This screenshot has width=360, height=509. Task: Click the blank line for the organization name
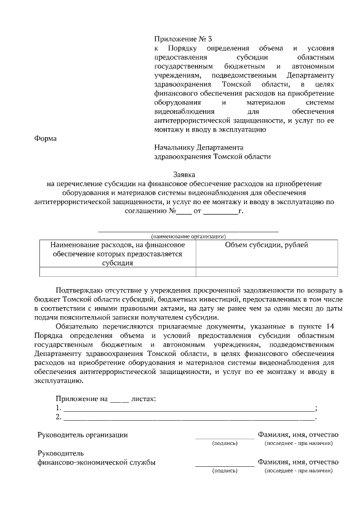[x=188, y=230]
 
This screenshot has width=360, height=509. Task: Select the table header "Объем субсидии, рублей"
[x=267, y=245]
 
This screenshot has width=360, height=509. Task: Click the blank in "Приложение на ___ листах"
[x=119, y=399]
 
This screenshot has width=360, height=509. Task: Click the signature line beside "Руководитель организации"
[x=224, y=436]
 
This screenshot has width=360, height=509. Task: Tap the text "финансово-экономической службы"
[x=96, y=463]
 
